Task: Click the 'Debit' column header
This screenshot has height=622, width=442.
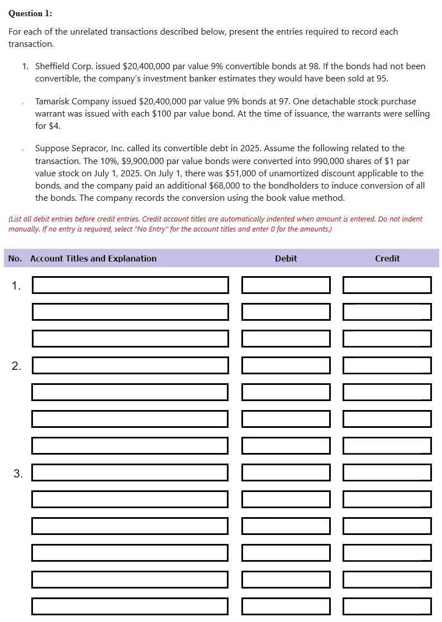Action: tap(286, 258)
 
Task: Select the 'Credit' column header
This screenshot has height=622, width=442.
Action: tap(387, 258)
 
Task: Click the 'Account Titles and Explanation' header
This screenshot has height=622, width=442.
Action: tap(93, 258)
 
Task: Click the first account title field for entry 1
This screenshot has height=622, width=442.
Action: tap(130, 285)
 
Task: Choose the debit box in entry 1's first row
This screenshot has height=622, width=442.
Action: tap(286, 285)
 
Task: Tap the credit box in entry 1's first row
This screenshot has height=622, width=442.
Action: tap(387, 285)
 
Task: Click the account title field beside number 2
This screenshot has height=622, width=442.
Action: tap(130, 365)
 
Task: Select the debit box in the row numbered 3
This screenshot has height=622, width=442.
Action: tap(286, 472)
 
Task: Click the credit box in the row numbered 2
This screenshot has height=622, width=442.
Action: tap(387, 365)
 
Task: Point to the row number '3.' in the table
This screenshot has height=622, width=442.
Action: tap(18, 474)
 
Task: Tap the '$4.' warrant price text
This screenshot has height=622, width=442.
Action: tap(54, 126)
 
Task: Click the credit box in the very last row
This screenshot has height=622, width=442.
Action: tap(387, 606)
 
